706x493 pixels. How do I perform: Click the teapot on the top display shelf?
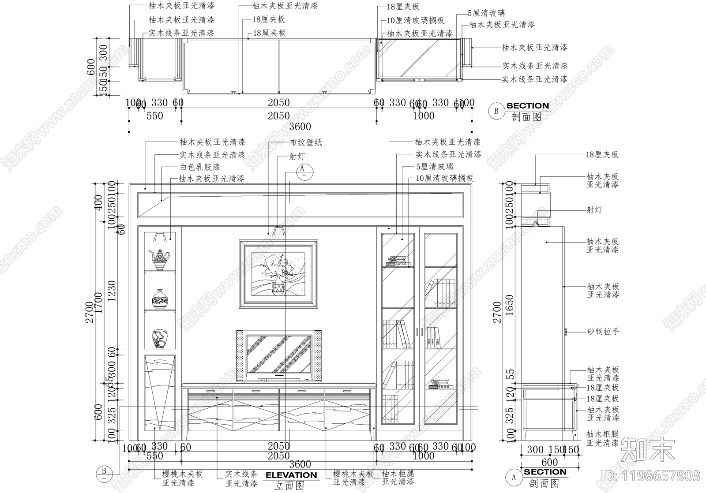(x=160, y=259)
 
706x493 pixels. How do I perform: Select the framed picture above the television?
(x=278, y=274)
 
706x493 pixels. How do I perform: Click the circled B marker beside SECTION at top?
(x=496, y=111)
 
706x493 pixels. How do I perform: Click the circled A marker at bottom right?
(x=514, y=477)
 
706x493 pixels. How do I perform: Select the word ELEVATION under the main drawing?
(x=291, y=475)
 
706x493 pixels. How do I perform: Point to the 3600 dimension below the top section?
(x=300, y=127)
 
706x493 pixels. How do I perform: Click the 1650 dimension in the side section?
(x=509, y=305)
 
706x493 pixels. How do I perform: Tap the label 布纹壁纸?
(x=306, y=142)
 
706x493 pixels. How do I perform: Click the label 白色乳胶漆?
(x=200, y=167)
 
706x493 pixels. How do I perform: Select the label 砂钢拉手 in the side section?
(x=603, y=331)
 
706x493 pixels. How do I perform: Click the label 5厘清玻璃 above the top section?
(x=486, y=13)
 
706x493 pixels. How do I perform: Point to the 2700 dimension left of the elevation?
(x=90, y=312)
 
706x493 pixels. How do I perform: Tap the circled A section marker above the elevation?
(x=303, y=170)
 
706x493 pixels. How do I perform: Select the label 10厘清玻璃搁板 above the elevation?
(x=444, y=178)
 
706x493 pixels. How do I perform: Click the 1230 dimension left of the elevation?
(x=112, y=291)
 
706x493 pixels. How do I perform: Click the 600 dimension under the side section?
(x=549, y=462)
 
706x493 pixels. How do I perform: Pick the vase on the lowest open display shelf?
(x=159, y=338)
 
